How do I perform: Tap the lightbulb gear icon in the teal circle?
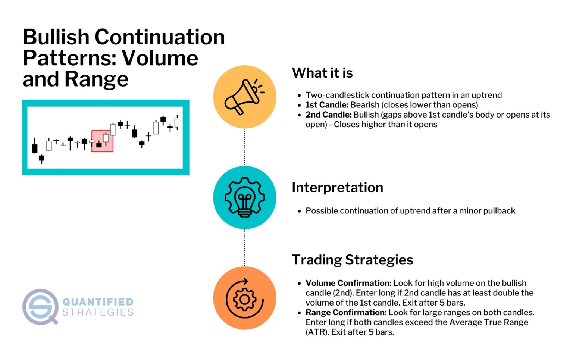coord(244,197)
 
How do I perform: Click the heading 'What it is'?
coord(322,73)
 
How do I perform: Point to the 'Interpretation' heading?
coord(337,187)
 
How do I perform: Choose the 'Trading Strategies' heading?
coord(353,260)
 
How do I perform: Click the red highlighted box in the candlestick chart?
coord(102,141)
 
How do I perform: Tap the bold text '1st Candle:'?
coord(327,105)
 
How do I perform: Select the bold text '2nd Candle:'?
coord(328,115)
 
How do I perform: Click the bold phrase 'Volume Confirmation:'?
coord(348,283)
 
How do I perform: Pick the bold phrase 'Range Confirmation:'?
coord(346,312)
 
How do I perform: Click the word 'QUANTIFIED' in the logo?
coord(98,302)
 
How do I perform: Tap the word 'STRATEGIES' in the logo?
coord(98,312)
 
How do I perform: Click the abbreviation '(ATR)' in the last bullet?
coord(317,332)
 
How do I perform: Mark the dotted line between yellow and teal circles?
coord(245,147)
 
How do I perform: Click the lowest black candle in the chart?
coord(41,159)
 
